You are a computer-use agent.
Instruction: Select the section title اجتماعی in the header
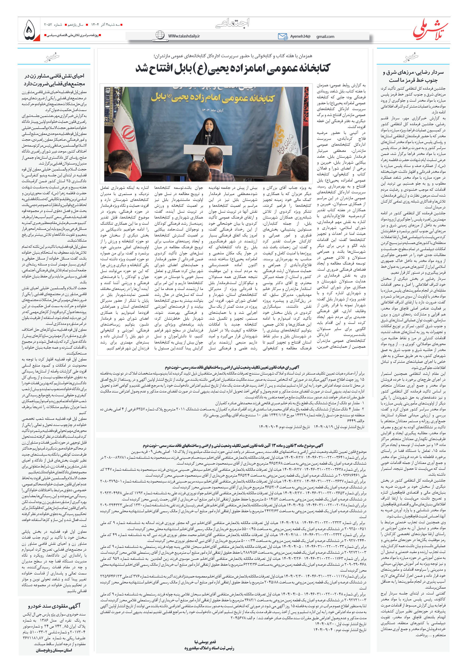tap(233, 23)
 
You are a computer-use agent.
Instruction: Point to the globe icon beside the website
tap(160, 35)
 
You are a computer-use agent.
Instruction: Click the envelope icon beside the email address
tap(282, 36)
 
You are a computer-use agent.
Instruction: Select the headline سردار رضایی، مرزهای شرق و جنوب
tap(413, 76)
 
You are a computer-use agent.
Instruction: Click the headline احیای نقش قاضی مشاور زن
tap(54, 80)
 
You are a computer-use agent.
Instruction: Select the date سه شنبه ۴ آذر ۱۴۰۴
tap(105, 25)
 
